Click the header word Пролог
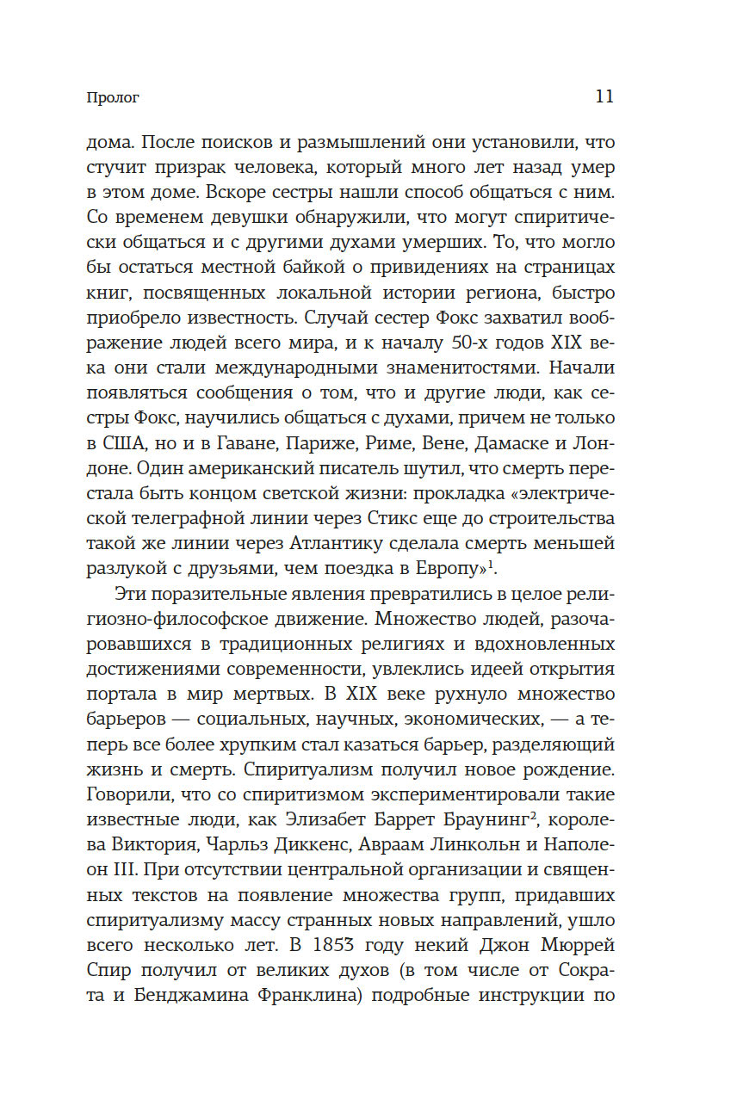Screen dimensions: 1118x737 (x=113, y=97)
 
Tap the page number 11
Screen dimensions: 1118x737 (x=604, y=96)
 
